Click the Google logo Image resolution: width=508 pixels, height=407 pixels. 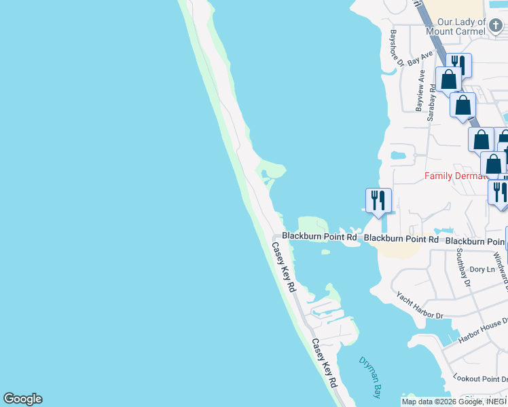22,399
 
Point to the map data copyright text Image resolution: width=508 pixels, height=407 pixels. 453,402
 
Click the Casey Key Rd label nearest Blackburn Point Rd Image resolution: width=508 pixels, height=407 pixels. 285,267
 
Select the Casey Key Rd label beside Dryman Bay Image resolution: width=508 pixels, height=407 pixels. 324,363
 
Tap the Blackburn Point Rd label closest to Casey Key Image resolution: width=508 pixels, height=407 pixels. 319,237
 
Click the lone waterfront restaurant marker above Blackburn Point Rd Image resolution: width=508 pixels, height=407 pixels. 378,200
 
